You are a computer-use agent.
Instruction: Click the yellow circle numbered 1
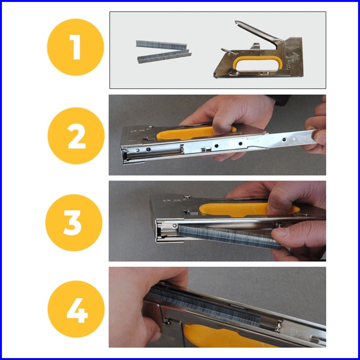click(x=76, y=47)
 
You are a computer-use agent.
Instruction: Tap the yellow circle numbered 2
click(x=76, y=136)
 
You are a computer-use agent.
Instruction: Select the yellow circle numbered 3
click(x=74, y=223)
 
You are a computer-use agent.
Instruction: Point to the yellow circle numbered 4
click(x=76, y=309)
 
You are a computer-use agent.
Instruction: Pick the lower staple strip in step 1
click(x=164, y=56)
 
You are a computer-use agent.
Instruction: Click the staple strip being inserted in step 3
click(x=229, y=236)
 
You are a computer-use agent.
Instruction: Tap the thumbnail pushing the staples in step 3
click(x=279, y=232)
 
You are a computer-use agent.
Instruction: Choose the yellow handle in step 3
click(x=248, y=209)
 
